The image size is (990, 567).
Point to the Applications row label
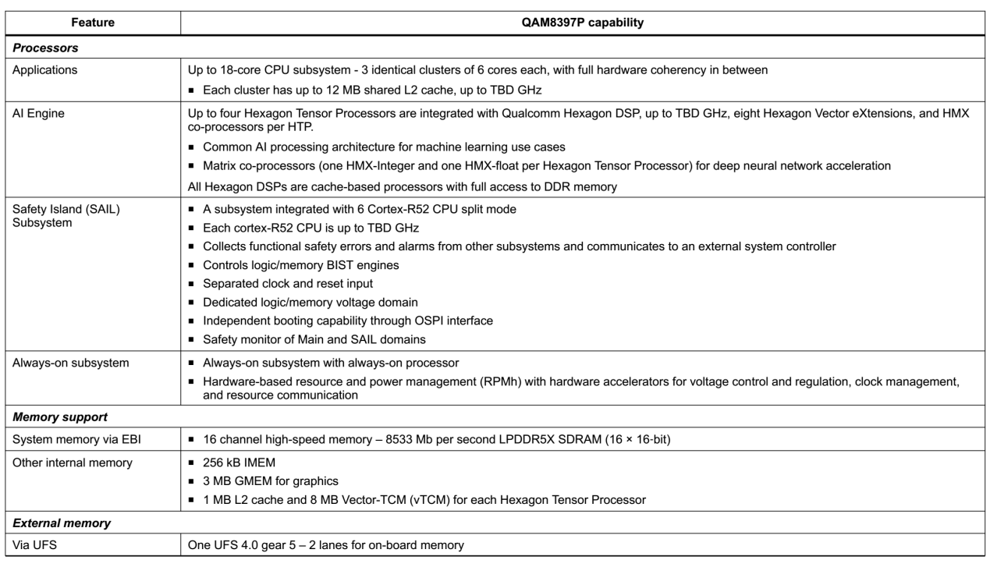[x=48, y=69]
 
